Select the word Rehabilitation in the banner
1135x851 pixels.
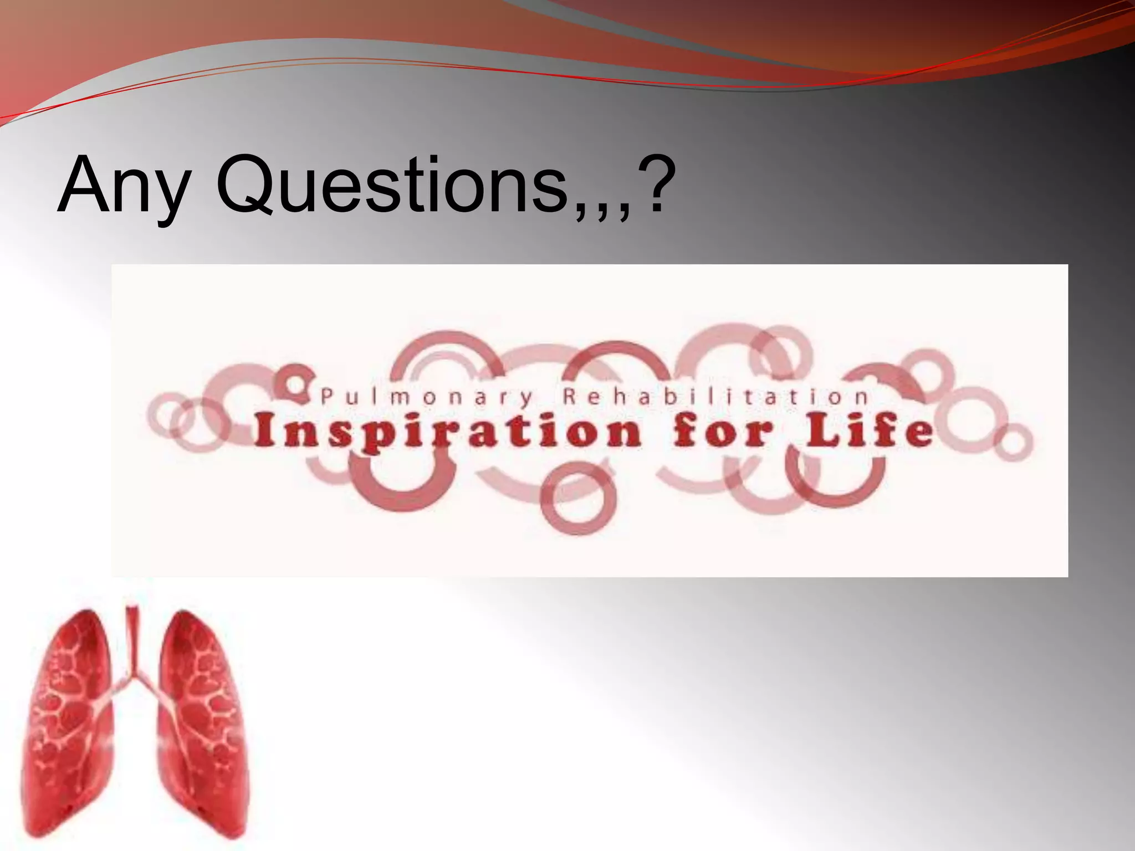click(x=715, y=397)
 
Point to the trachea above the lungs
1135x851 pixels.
click(x=132, y=637)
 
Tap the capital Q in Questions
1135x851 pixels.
click(x=244, y=185)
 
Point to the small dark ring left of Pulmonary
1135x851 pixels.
click(x=297, y=382)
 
